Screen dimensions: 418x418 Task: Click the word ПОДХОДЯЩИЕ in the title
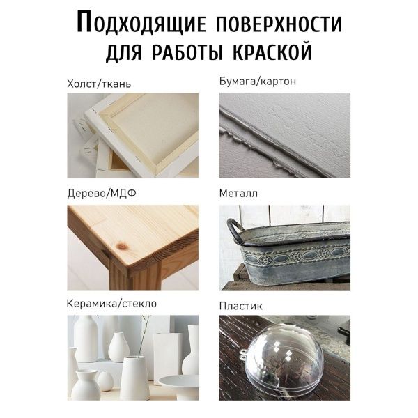tap(141, 23)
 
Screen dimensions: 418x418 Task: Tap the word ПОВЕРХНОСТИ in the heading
tap(279, 23)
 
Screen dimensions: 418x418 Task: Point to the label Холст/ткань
tap(99, 84)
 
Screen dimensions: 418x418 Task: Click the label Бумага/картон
tap(258, 81)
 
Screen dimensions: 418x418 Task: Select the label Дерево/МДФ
tap(102, 193)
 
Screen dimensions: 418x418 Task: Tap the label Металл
tap(238, 193)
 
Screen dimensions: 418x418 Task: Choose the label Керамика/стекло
tap(111, 303)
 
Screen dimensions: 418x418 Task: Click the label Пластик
tap(241, 306)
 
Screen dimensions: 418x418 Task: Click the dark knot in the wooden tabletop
tap(122, 246)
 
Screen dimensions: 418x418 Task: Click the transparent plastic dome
tap(284, 359)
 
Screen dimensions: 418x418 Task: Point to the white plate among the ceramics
tap(178, 382)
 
